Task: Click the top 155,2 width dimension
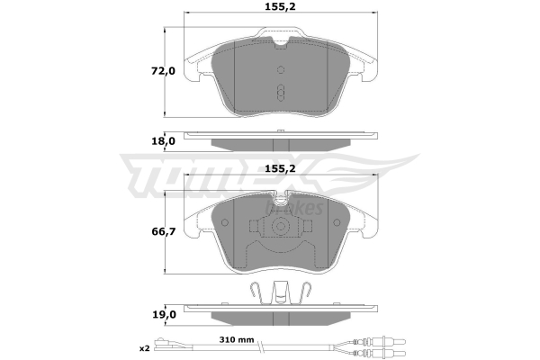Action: pyautogui.click(x=280, y=6)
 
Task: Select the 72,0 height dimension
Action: pyautogui.click(x=163, y=71)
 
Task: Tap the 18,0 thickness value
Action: pyautogui.click(x=164, y=141)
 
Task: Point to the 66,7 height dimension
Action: pyautogui.click(x=164, y=232)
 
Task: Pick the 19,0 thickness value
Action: pyautogui.click(x=164, y=314)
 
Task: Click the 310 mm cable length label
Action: pyautogui.click(x=237, y=340)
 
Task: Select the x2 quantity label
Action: pyautogui.click(x=145, y=348)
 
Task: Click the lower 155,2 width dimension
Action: pyautogui.click(x=280, y=169)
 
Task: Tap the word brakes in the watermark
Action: pyautogui.click(x=293, y=208)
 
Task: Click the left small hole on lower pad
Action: pyautogui.click(x=225, y=222)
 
